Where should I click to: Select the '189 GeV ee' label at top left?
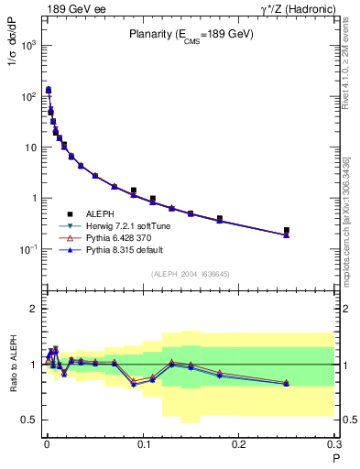(74, 9)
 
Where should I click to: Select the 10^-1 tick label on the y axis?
(27, 249)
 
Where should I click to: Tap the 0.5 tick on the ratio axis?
(27, 420)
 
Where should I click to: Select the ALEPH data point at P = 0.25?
(287, 231)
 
